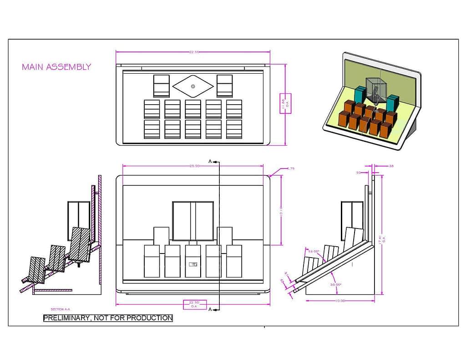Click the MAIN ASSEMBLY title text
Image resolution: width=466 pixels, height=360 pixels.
[56, 67]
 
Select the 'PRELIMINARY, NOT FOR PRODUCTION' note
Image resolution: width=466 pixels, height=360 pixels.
[108, 318]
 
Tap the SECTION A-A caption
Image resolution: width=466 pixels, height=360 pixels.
[61, 309]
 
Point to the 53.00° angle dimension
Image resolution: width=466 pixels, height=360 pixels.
[314, 251]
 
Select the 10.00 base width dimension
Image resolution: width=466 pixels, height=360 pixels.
[340, 301]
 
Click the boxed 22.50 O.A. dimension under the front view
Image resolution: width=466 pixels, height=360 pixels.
[194, 304]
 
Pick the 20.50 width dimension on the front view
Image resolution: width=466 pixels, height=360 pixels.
[194, 166]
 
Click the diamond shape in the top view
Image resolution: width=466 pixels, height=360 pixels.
[193, 86]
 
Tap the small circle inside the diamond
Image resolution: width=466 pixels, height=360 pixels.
[193, 86]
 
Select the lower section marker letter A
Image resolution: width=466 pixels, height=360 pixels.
[210, 309]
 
